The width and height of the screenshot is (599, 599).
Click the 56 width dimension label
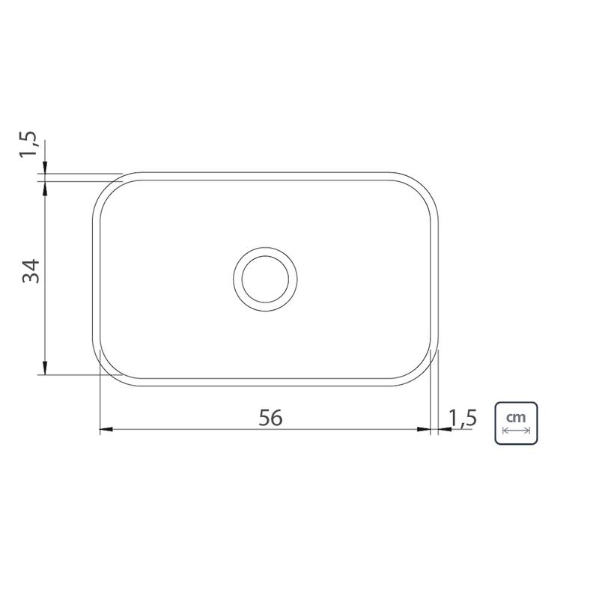point(270,418)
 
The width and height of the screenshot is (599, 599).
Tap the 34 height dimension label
point(31,271)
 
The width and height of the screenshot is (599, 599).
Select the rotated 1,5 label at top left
point(28,144)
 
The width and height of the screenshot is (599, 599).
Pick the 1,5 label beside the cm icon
point(463,418)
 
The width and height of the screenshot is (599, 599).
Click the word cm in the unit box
point(516,417)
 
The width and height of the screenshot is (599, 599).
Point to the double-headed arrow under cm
point(516,431)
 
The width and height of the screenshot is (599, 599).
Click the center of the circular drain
point(265,279)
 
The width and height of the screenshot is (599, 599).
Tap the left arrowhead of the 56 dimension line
point(106,429)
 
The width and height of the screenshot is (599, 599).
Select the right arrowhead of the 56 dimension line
point(424,429)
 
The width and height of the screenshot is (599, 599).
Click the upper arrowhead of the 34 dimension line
point(45,188)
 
